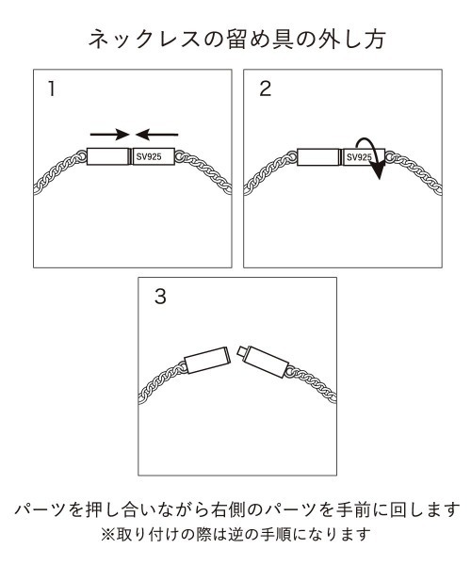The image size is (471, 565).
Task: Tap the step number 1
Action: pos(54,90)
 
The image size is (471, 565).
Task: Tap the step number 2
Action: pos(265,90)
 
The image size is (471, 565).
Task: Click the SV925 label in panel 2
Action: pos(359,158)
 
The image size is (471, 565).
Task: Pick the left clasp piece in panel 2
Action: pos(318,158)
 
